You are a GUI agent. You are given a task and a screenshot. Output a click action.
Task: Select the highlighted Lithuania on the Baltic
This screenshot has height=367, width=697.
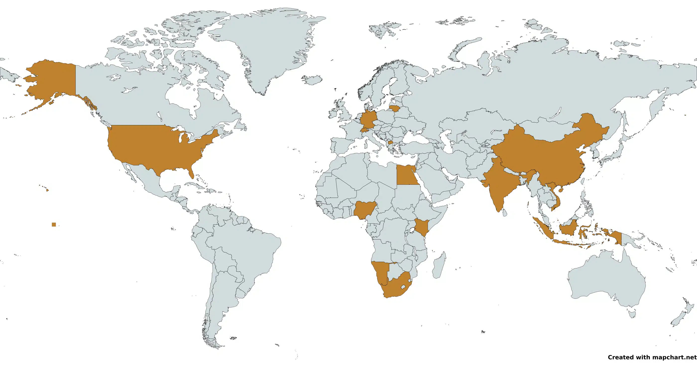pyautogui.click(x=395, y=108)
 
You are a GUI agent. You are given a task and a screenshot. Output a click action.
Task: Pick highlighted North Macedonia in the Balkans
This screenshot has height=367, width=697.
pyautogui.click(x=390, y=142)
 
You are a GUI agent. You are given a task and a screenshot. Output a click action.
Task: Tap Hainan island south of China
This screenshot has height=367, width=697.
pyautogui.click(x=561, y=190)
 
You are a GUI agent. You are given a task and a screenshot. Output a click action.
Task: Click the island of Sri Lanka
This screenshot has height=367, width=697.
pyautogui.click(x=504, y=213)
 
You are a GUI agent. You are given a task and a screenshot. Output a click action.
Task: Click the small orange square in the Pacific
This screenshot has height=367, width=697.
pyautogui.click(x=54, y=224)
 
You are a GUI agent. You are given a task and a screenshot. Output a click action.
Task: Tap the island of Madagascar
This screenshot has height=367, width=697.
pyautogui.click(x=439, y=265)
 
